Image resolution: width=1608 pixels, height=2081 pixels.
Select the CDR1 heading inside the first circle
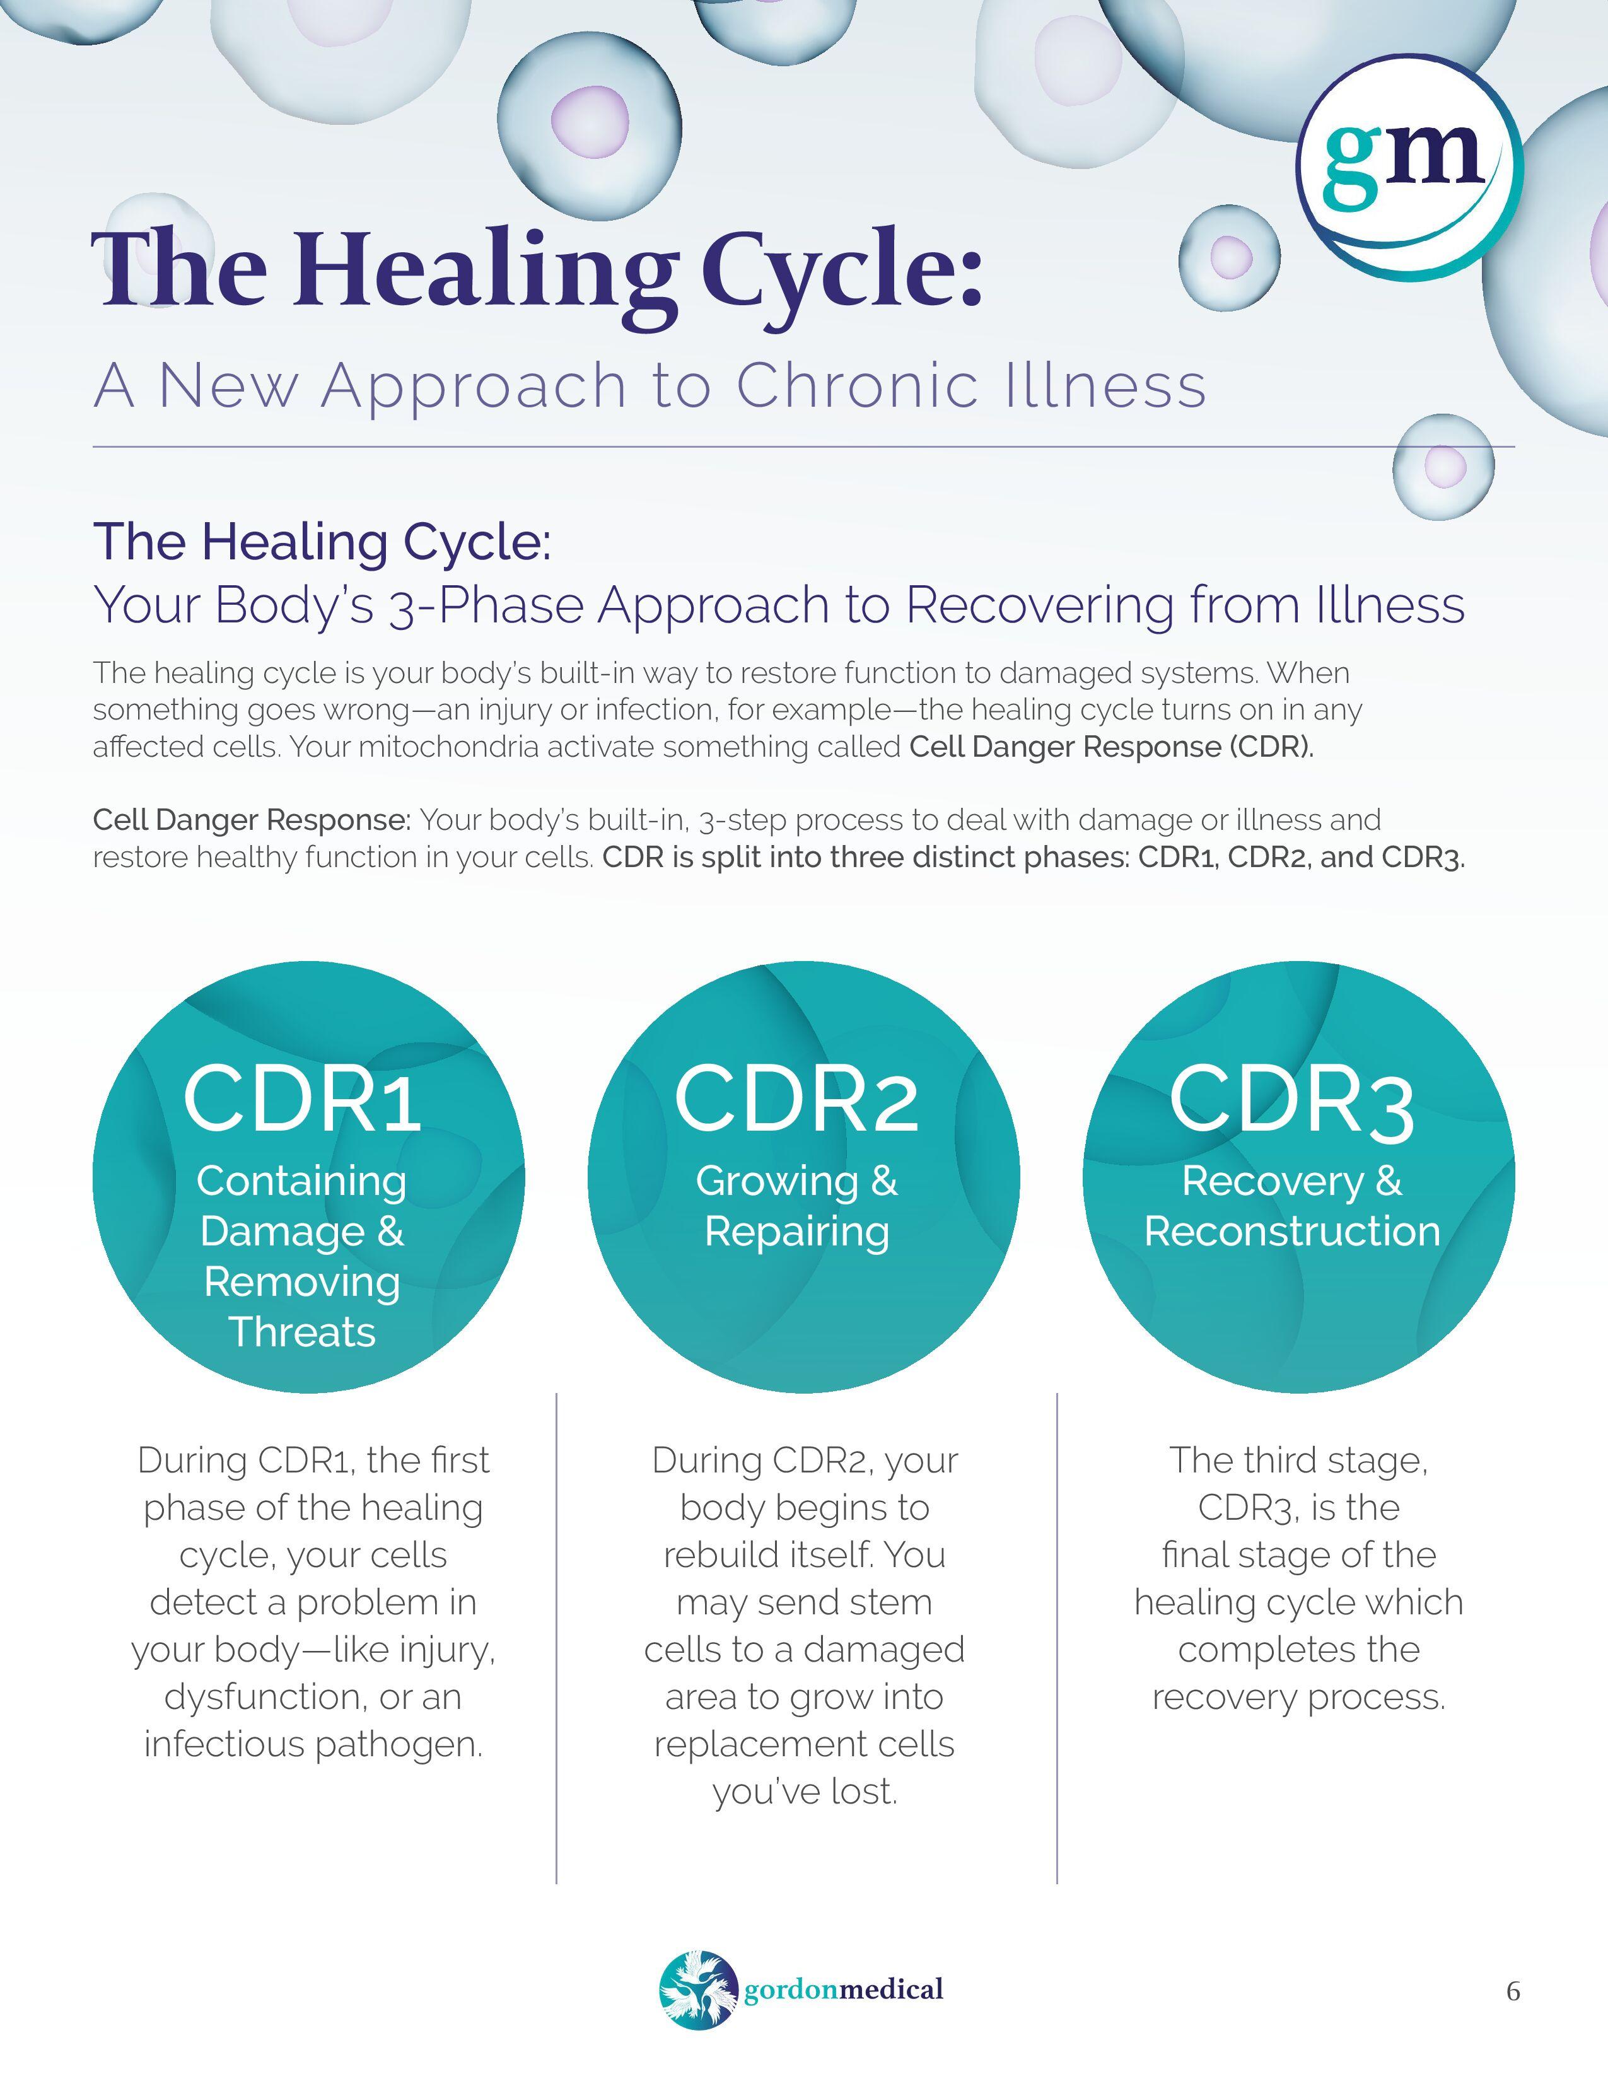(302, 1100)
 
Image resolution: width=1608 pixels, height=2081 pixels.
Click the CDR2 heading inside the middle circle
(796, 1100)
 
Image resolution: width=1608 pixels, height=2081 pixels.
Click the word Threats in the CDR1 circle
(302, 1332)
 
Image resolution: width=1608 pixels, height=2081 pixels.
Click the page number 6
(1513, 1991)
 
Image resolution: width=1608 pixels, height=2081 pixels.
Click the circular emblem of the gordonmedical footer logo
(698, 1990)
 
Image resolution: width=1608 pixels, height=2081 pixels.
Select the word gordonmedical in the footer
(844, 1990)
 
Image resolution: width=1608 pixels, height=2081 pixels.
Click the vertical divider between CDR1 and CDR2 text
(556, 1639)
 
